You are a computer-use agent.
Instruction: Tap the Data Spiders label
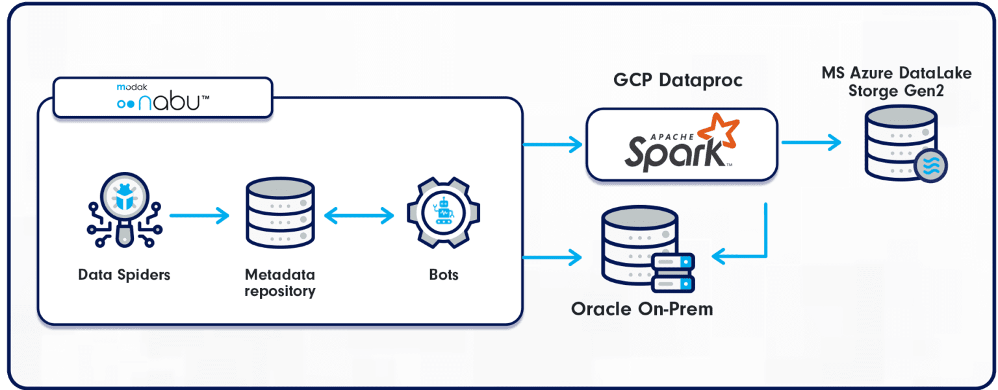point(124,274)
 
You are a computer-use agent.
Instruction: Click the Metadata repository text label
point(280,282)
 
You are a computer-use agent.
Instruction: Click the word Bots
point(444,274)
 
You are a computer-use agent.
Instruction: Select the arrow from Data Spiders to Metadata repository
point(199,215)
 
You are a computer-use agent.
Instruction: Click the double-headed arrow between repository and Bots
point(359,215)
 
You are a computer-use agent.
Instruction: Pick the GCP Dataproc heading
point(678,80)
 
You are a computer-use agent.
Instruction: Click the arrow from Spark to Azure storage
point(810,143)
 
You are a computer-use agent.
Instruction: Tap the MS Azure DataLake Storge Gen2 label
point(897,82)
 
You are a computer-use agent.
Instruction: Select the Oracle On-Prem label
point(642,309)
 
